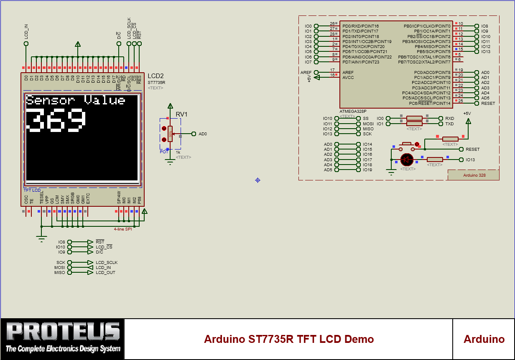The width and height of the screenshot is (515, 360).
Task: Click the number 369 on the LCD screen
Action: point(56,121)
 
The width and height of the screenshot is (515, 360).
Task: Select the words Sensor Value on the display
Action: point(76,100)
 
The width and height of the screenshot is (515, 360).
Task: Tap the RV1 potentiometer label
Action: point(181,114)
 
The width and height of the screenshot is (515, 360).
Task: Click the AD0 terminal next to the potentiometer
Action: point(203,134)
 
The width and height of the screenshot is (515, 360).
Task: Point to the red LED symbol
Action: point(406,160)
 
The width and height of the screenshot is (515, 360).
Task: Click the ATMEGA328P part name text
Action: point(353,112)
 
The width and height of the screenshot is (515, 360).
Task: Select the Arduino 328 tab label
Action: point(474,175)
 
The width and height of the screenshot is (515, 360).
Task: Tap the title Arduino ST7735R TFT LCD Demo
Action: point(288,339)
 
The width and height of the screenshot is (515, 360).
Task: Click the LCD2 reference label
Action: point(156,76)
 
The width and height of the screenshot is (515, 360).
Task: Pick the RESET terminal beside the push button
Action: point(472,149)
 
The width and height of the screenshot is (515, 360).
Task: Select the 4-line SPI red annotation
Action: point(123,229)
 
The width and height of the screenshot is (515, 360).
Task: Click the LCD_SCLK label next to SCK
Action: point(106,263)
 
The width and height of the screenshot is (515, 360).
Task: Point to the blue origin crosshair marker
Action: point(257,180)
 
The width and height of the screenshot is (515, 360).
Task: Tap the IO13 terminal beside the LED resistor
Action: point(470,160)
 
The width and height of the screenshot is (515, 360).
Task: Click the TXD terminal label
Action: point(449,124)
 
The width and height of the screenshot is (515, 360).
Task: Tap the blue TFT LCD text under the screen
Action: point(32,190)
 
